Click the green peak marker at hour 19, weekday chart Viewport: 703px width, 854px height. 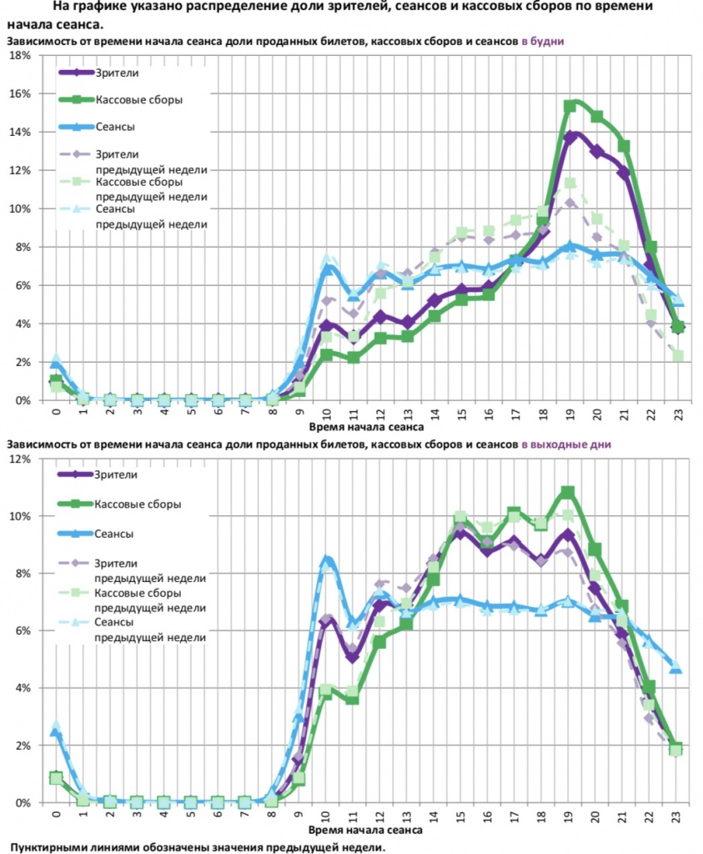pos(570,106)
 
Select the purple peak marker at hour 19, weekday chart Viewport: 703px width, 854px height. pos(570,137)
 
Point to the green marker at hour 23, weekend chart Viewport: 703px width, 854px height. pos(676,749)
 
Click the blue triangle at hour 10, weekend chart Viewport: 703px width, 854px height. pos(328,561)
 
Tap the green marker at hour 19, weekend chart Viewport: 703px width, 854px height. pos(568,492)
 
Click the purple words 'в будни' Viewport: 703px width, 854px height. pos(542,41)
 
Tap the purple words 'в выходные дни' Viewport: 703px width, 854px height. pos(566,445)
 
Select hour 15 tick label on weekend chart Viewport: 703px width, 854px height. pos(460,814)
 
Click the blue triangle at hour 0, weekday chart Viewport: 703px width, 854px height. pos(56,363)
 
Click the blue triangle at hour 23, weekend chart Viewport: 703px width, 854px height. pos(676,667)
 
